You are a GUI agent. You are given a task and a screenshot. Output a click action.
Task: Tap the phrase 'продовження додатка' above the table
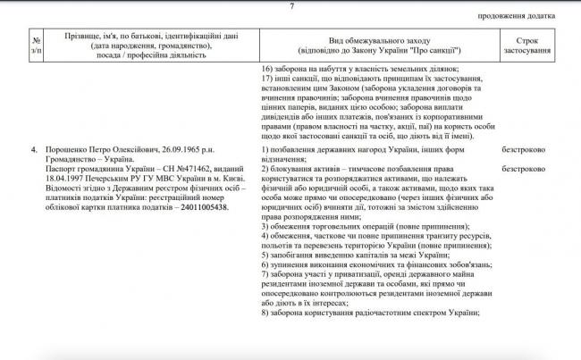tap(534, 17)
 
